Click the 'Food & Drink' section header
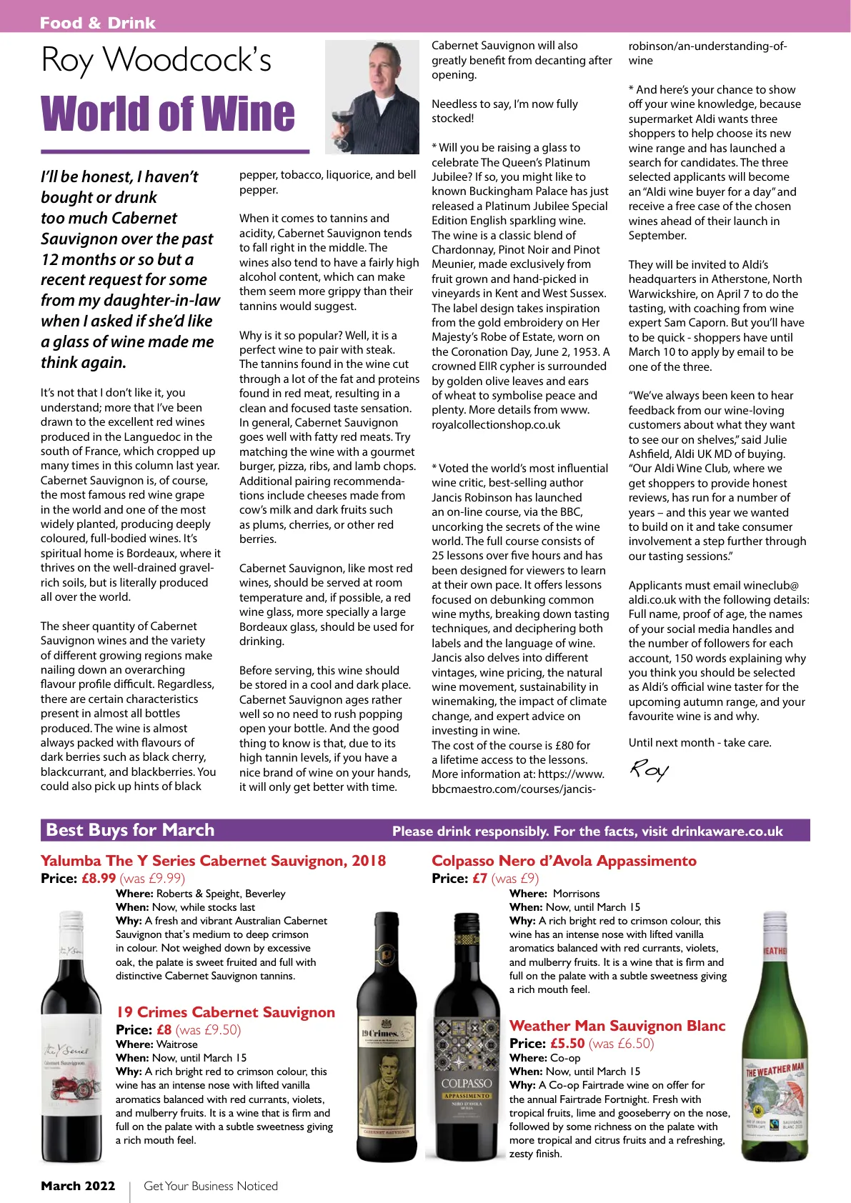pos(97,23)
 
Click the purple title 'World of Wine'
pos(168,114)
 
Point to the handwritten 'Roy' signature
pos(649,769)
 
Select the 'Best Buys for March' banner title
pos(130,830)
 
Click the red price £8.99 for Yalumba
pos(99,879)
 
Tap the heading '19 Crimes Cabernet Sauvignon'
pos(225,1012)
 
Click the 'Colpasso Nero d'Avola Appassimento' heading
pos(564,861)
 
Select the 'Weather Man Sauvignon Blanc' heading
pos(617,1026)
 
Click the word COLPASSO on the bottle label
pos(467,1084)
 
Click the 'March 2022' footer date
pos(78,1186)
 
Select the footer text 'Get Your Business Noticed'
pos(211,1186)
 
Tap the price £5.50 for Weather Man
pos(567,1044)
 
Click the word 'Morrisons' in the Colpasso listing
pos(576,894)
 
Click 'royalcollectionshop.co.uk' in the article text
pos(496,424)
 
